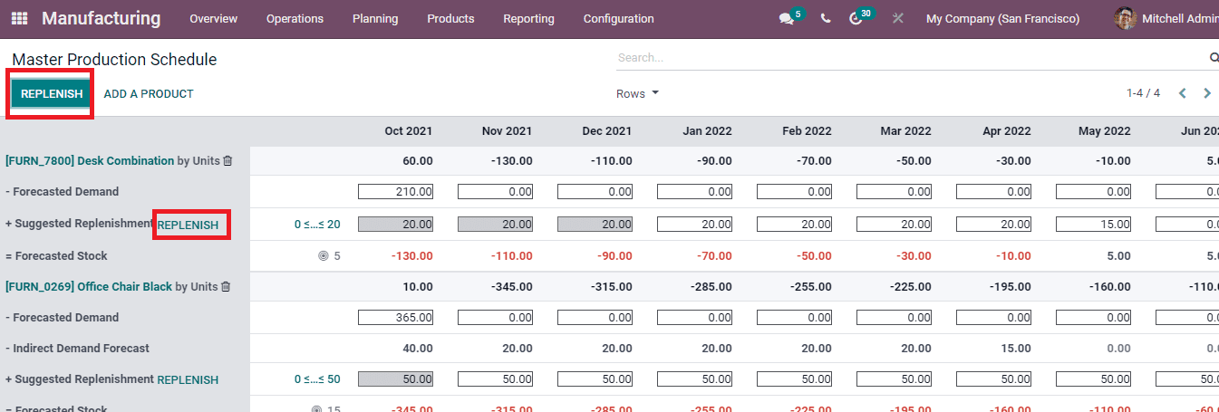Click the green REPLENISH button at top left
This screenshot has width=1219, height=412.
point(52,93)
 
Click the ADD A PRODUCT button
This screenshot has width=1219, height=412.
point(149,93)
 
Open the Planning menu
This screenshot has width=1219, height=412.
point(375,19)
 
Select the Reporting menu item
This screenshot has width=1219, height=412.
point(528,19)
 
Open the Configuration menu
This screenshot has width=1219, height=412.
point(618,19)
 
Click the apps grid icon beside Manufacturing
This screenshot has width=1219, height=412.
point(19,19)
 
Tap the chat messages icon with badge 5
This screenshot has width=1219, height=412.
point(786,19)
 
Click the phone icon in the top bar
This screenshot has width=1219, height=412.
point(825,19)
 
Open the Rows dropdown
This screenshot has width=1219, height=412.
point(637,93)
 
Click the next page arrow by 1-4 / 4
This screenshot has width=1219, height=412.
point(1207,93)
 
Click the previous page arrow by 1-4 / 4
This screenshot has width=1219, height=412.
point(1182,93)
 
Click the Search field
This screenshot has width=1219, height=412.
point(906,57)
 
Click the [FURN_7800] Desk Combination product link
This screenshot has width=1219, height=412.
point(90,161)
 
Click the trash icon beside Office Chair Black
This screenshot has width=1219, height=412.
point(226,286)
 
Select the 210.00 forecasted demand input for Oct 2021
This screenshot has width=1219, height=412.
point(395,192)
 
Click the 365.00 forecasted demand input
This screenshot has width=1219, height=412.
point(395,318)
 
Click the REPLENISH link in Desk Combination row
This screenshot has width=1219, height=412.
point(189,225)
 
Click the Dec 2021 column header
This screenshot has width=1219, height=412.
point(606,131)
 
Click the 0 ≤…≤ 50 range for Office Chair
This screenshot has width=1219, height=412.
point(317,380)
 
